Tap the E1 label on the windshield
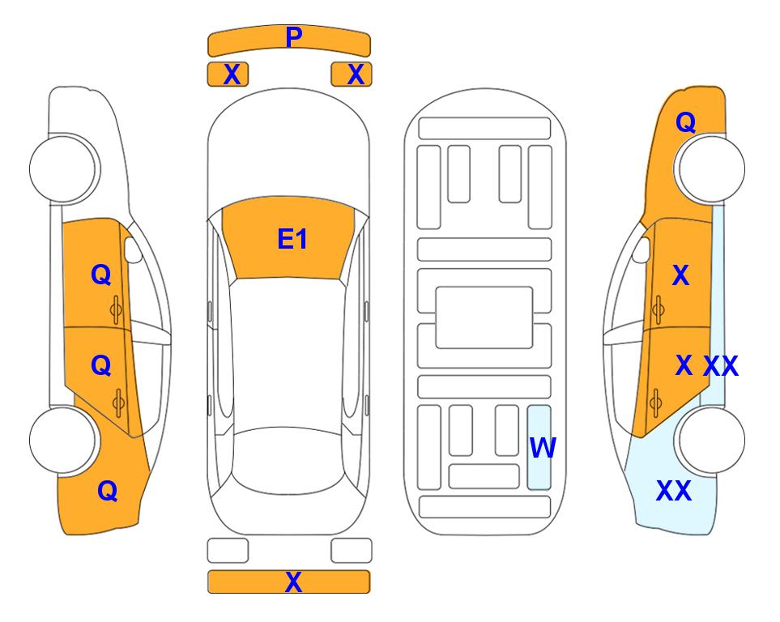point(292,239)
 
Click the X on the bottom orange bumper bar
point(293,582)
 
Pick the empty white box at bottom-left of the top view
point(228,551)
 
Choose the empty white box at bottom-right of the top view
point(352,551)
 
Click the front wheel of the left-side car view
point(63,168)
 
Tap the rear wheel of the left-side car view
point(63,440)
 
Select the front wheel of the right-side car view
point(710,168)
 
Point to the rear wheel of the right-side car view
point(710,440)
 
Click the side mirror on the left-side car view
point(132,249)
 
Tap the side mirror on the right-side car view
point(641,249)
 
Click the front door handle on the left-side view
point(116,309)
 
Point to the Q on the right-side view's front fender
point(685,122)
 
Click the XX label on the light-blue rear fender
point(674,491)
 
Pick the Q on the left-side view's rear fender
point(108,491)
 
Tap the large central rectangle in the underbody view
point(484,317)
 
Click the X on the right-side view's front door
point(680,275)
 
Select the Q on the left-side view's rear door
point(101,366)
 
